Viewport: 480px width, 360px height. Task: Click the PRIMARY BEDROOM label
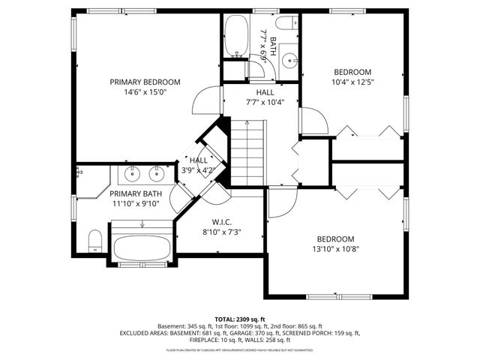[145, 82]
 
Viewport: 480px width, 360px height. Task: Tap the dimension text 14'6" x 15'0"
[145, 92]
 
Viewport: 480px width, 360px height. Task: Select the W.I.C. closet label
[221, 221]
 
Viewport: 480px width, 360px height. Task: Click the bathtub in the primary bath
[142, 245]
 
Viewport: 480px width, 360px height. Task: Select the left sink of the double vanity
[131, 175]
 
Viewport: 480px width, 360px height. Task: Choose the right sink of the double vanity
[157, 175]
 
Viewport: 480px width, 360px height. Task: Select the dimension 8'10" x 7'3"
[221, 232]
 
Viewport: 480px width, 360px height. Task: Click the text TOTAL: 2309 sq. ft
[240, 319]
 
